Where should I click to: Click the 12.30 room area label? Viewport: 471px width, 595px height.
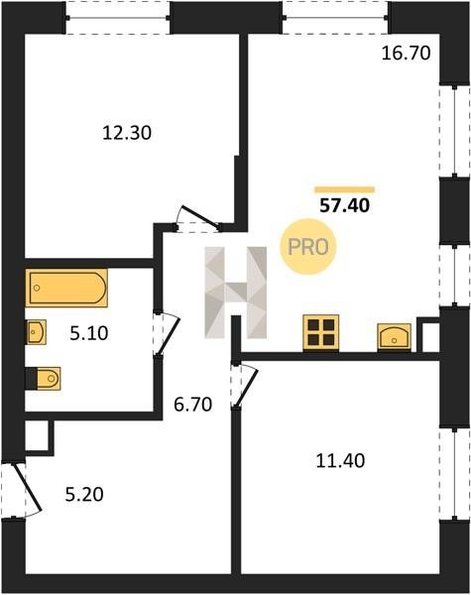tap(127, 133)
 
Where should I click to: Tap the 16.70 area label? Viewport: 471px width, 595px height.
tap(407, 54)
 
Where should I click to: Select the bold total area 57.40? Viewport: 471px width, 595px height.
tap(345, 206)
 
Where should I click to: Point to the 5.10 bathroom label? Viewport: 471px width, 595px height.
tap(89, 333)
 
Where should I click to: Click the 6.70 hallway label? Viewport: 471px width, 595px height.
tap(192, 405)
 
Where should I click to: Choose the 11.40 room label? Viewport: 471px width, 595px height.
tap(340, 461)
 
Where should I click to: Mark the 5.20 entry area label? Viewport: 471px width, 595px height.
tap(84, 495)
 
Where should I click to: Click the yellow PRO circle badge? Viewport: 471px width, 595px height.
tap(308, 247)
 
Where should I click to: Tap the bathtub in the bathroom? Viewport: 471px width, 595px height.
tap(66, 288)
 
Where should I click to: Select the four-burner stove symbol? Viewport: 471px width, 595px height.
tap(320, 332)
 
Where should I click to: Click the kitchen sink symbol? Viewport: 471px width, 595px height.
tap(395, 337)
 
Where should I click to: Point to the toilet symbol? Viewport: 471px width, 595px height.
tap(45, 379)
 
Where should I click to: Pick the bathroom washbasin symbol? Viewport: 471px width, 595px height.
tap(36, 332)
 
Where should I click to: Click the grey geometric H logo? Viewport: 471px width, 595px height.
tap(236, 293)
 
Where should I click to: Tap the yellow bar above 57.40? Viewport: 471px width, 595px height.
tap(345, 189)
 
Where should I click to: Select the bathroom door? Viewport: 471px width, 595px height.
tap(167, 333)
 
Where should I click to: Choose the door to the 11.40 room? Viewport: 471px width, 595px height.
tap(245, 385)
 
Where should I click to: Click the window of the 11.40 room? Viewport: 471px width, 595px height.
tap(454, 474)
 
